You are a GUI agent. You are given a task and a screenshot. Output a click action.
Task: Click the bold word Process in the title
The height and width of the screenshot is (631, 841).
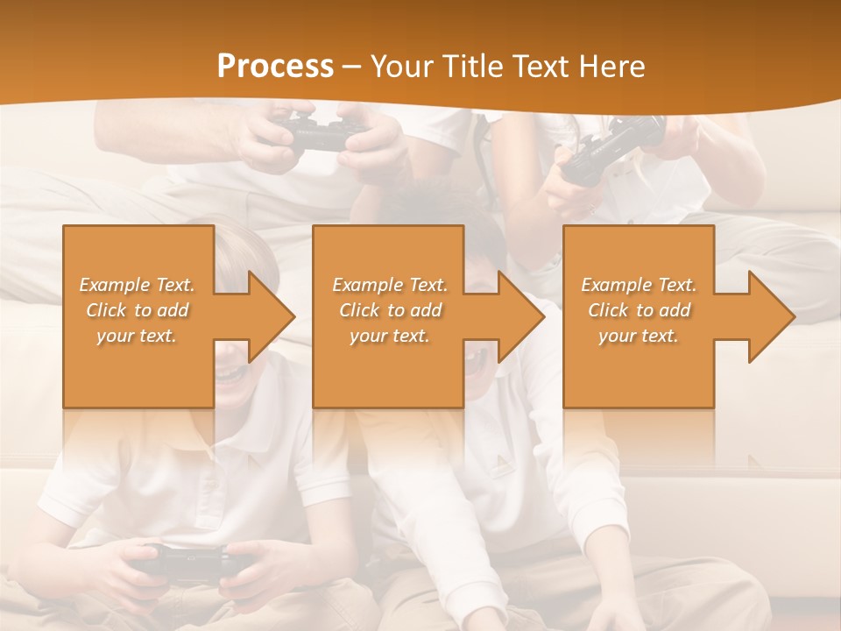tap(275, 67)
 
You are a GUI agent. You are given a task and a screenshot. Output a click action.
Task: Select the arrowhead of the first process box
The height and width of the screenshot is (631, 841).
tap(272, 316)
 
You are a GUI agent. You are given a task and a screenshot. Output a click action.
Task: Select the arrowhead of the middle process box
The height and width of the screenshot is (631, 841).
tap(521, 316)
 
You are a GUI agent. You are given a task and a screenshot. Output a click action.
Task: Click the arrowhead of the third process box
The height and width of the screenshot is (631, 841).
tap(772, 316)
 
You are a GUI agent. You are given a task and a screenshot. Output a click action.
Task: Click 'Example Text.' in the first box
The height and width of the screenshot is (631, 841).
tap(137, 285)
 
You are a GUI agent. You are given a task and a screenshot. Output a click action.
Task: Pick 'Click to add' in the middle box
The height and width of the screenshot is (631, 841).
tap(390, 310)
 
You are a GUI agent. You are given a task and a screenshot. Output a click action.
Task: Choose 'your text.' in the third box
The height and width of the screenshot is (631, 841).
tap(639, 336)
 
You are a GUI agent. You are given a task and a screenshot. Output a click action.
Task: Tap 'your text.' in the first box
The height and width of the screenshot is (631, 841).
tap(137, 336)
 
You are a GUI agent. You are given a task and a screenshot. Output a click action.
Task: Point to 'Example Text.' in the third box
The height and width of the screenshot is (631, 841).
tap(639, 285)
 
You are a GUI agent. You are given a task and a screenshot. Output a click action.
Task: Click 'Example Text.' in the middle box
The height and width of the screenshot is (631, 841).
tap(390, 285)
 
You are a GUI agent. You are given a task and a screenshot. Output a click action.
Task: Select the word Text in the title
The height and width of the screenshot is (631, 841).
tap(542, 67)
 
